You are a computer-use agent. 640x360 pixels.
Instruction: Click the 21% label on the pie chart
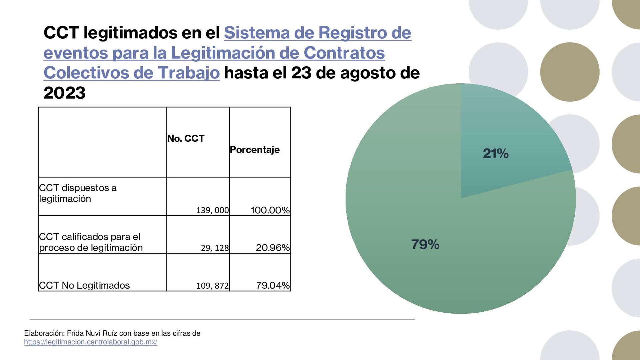point(495,154)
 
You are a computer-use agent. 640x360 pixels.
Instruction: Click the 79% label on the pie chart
point(425,245)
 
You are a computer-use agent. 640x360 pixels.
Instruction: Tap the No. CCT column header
point(186,139)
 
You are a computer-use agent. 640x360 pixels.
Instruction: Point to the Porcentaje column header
point(255,150)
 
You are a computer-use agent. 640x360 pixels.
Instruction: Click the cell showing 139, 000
point(212,210)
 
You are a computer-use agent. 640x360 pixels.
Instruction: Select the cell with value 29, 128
point(215,248)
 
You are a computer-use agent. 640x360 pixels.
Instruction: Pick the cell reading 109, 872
point(212,286)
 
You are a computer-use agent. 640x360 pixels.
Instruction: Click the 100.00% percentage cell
point(270,210)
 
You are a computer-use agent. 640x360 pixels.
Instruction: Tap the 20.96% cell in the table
point(273,248)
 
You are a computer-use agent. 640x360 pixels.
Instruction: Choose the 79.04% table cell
point(273,285)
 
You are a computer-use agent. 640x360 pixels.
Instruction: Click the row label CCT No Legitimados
point(84,285)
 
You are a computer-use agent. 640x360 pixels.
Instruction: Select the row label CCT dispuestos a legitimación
point(78,193)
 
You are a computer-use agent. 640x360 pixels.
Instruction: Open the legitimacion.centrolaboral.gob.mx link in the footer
point(91,342)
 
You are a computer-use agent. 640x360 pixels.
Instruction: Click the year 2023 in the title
point(64,93)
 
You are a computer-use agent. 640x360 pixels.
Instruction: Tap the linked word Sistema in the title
point(257,33)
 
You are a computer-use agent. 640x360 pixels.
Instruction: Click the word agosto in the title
point(368,73)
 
